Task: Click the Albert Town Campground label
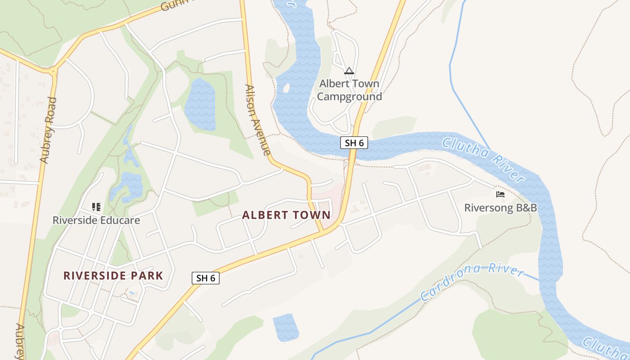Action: [349, 90]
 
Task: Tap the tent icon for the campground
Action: [349, 71]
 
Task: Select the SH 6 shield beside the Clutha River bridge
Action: [354, 143]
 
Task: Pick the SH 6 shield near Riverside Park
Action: [206, 278]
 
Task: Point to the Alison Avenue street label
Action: [257, 120]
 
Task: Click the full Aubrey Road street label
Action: [48, 130]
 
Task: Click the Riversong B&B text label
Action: [500, 208]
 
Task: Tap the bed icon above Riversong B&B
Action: [500, 194]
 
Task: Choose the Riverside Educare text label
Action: [96, 220]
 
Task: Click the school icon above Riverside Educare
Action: [96, 207]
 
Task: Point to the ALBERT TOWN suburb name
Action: [286, 215]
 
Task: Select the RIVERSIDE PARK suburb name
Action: [113, 275]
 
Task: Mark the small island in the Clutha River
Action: [286, 88]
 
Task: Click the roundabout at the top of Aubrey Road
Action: [54, 71]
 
